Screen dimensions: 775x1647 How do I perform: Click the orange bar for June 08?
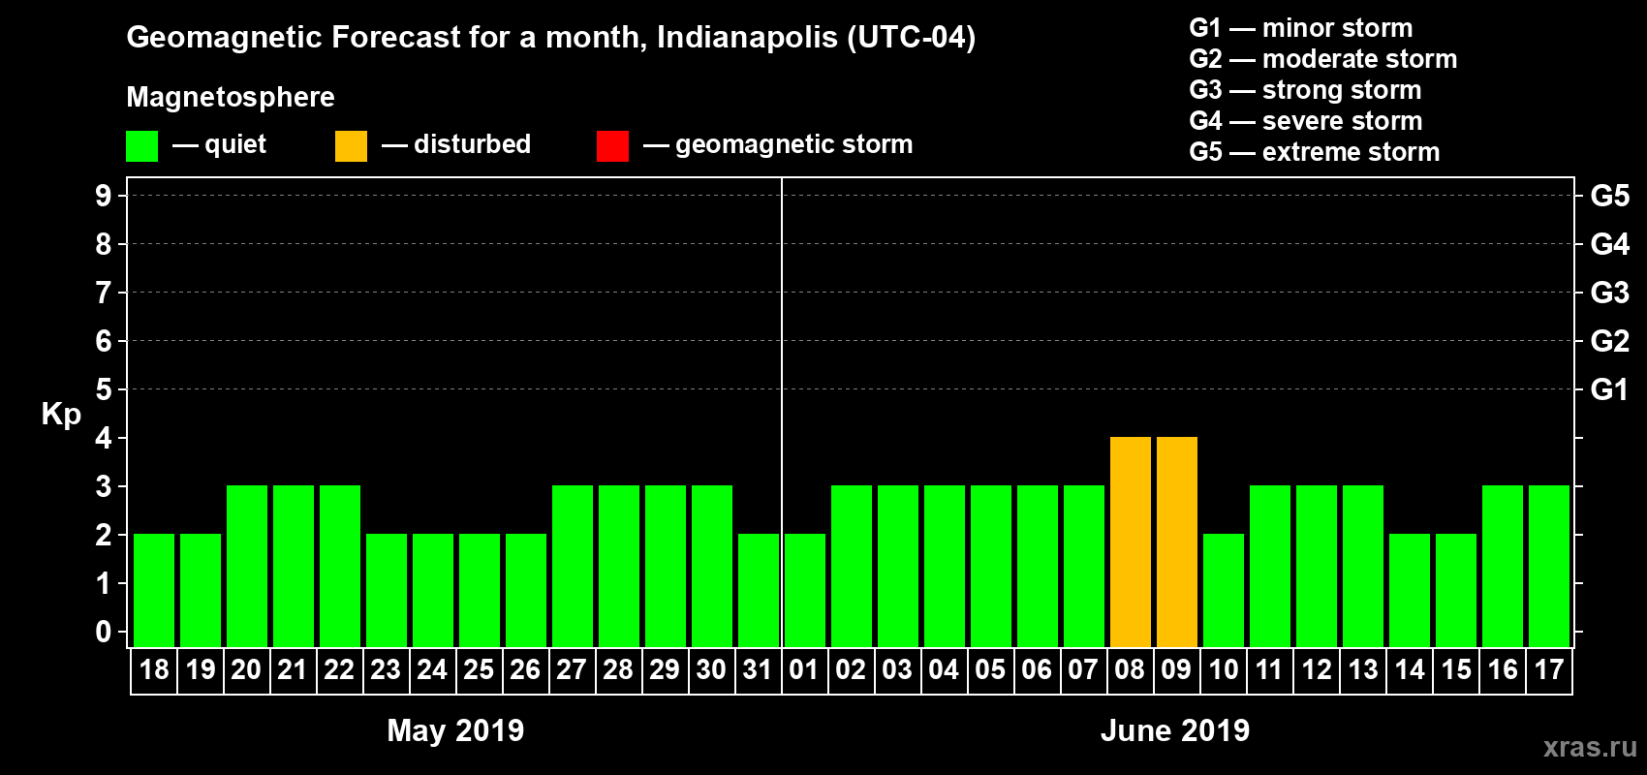[x=1131, y=542]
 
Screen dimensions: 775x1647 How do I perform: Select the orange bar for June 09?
[x=1177, y=542]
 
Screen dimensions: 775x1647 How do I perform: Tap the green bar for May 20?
[x=247, y=566]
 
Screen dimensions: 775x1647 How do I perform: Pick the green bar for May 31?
[x=759, y=590]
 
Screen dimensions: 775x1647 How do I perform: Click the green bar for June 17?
[x=1549, y=566]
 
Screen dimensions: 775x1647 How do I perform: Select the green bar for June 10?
[x=1224, y=590]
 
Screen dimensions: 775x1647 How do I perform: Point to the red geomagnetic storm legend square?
[x=612, y=146]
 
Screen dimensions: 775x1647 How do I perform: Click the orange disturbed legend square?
[x=351, y=146]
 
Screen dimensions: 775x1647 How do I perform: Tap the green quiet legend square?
[x=142, y=146]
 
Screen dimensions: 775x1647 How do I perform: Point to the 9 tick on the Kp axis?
[x=104, y=196]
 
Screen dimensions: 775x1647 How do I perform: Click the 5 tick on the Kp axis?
[x=104, y=389]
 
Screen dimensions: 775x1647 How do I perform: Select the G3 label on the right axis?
[x=1609, y=293]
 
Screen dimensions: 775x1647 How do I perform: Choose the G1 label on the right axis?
[x=1609, y=389]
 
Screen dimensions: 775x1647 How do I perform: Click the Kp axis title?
[x=61, y=415]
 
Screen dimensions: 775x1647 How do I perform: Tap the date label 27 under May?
[x=572, y=669]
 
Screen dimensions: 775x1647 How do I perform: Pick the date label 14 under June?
[x=1409, y=669]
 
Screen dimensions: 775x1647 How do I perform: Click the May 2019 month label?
[x=455, y=730]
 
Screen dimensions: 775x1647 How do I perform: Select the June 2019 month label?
[x=1174, y=730]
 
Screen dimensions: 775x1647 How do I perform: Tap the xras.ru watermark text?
[x=1590, y=747]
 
